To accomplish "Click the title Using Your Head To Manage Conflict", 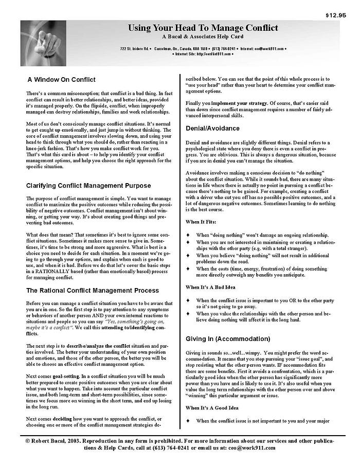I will tap(203, 27).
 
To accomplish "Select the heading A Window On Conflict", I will tap(62, 79).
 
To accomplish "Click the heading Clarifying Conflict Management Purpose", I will tap(89, 185).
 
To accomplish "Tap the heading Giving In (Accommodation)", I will tap(228, 338).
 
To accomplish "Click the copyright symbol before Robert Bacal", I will tap(29, 441).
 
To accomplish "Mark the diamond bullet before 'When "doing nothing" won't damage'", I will tap(188, 235).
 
